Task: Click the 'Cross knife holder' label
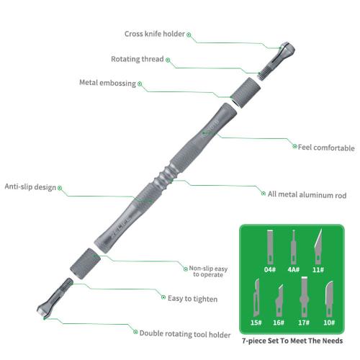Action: click(155, 34)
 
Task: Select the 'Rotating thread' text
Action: click(138, 59)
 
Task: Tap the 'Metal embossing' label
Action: click(108, 83)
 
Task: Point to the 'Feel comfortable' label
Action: click(326, 148)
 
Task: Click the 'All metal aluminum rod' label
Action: click(307, 194)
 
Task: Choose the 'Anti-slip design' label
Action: click(30, 186)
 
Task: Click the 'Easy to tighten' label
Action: click(192, 299)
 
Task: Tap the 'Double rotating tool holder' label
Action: click(185, 334)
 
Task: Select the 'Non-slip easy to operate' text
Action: click(208, 271)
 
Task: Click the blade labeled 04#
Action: click(271, 247)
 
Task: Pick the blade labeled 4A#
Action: click(293, 247)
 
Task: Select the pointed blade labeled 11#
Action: click(318, 246)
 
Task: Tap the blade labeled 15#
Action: click(256, 297)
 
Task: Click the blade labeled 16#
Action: click(279, 300)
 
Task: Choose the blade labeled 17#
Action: click(304, 297)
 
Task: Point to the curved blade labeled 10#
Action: click(329, 299)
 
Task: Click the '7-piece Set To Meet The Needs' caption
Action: click(292, 341)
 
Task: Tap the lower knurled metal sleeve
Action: click(85, 264)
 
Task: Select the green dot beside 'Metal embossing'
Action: click(140, 84)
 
